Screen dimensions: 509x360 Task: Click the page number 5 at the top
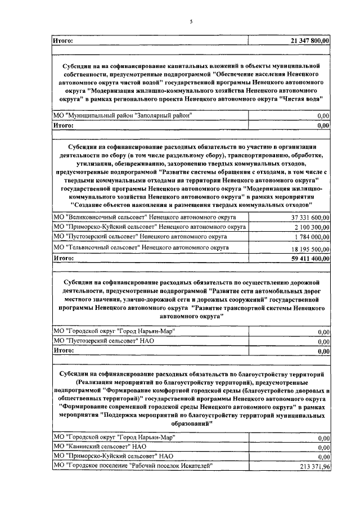191,21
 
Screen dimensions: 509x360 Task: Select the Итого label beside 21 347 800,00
64,40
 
